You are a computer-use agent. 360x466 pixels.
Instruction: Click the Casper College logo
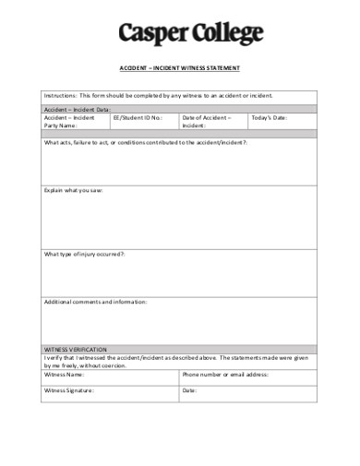pyautogui.click(x=190, y=34)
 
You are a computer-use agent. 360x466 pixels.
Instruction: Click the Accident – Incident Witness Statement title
pyautogui.click(x=181, y=68)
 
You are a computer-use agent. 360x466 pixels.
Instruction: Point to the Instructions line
pyautogui.click(x=158, y=96)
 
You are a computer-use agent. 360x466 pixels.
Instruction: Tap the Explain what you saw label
pyautogui.click(x=74, y=190)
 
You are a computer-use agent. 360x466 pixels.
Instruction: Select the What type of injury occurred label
pyautogui.click(x=84, y=253)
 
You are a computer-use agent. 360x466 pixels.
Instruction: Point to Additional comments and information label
pyautogui.click(x=96, y=302)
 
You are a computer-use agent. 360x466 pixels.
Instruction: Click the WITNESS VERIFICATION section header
pyautogui.click(x=76, y=350)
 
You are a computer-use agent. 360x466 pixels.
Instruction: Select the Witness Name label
pyautogui.click(x=65, y=375)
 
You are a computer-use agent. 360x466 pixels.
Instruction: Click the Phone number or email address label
pyautogui.click(x=225, y=375)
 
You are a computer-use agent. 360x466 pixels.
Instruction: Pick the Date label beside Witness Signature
pyautogui.click(x=190, y=390)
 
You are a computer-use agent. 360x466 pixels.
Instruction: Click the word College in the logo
pyautogui.click(x=224, y=34)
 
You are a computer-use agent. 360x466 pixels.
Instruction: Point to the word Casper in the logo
pyautogui.click(x=150, y=35)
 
